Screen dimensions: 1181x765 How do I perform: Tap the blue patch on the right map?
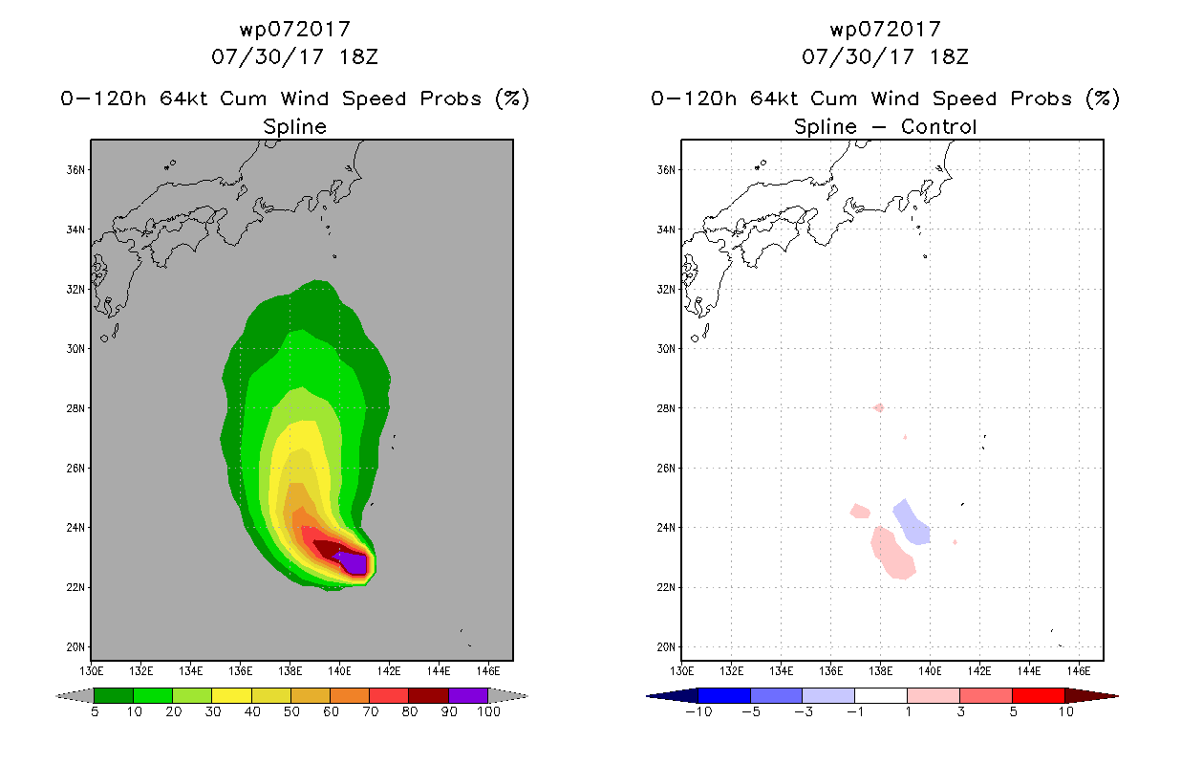click(x=912, y=522)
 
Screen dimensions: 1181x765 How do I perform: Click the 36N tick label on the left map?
click(x=75, y=170)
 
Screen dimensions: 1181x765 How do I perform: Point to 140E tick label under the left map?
click(x=339, y=671)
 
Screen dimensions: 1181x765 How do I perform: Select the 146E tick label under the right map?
click(x=1078, y=671)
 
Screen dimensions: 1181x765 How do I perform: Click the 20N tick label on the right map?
click(x=666, y=646)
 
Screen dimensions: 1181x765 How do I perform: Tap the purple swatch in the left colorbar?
click(x=468, y=695)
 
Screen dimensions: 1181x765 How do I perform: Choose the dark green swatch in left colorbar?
click(x=114, y=695)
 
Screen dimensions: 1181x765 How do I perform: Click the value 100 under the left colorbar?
click(x=488, y=712)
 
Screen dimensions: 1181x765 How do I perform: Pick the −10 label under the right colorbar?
click(x=698, y=712)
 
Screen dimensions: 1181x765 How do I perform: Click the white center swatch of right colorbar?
click(x=881, y=695)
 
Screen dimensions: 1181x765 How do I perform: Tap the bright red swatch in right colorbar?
click(x=1038, y=695)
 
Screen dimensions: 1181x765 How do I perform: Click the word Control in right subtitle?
click(x=938, y=126)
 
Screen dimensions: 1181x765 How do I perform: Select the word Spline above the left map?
click(x=294, y=127)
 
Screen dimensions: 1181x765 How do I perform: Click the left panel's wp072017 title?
click(x=294, y=30)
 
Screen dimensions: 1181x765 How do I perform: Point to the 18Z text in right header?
click(x=949, y=57)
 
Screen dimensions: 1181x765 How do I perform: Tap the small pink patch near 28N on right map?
click(x=879, y=407)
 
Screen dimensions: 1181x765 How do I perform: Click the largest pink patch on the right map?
click(x=892, y=553)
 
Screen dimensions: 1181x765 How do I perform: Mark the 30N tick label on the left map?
click(x=75, y=349)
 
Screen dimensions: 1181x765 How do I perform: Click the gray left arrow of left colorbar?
click(x=75, y=696)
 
